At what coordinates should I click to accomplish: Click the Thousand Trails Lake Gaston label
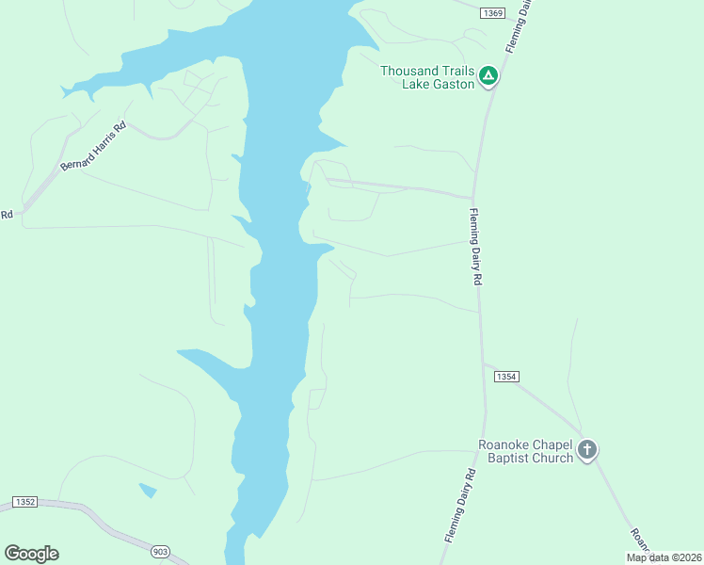428,77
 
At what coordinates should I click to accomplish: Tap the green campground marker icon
488,75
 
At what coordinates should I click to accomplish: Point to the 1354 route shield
505,376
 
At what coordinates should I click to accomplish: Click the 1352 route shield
24,502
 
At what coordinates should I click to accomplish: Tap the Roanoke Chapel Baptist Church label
525,452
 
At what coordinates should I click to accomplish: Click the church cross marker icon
587,450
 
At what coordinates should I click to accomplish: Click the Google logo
31,554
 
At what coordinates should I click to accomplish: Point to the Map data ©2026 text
664,557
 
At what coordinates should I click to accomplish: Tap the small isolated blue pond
148,490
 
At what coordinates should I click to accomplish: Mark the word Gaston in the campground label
452,84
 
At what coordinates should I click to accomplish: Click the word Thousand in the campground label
411,71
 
